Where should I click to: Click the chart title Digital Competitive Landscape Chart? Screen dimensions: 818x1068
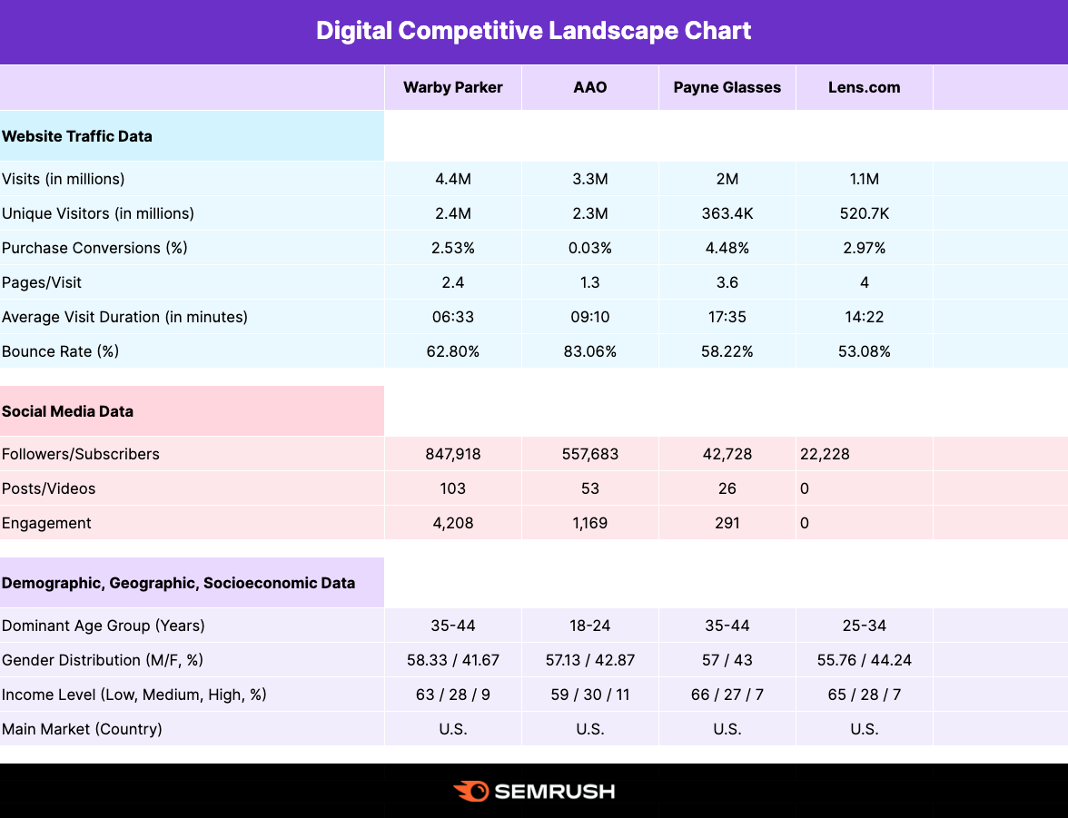(x=534, y=31)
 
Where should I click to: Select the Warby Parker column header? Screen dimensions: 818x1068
(x=452, y=87)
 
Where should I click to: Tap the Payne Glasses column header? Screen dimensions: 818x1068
(x=727, y=87)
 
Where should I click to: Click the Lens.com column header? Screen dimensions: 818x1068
(x=864, y=87)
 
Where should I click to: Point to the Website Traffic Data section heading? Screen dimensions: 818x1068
(x=77, y=136)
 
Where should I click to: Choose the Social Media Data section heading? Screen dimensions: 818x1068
(x=67, y=411)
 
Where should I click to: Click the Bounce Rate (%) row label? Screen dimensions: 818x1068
(x=60, y=351)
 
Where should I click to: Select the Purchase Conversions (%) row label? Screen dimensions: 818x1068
(x=94, y=248)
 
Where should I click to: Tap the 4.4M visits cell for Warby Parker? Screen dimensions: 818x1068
(x=452, y=179)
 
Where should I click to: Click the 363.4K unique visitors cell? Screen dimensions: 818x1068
(x=727, y=213)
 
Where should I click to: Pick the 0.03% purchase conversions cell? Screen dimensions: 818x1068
(x=589, y=248)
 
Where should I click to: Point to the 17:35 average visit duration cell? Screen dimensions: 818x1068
(x=727, y=317)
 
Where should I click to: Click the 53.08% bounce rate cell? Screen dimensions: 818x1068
(x=864, y=351)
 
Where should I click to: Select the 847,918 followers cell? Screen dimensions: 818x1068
(x=452, y=454)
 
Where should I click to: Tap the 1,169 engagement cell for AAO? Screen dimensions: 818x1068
(x=589, y=523)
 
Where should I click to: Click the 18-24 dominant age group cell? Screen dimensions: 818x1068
(x=589, y=626)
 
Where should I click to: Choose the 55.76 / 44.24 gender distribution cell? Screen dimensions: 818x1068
(x=864, y=660)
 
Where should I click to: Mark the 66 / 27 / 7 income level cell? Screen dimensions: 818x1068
(x=727, y=695)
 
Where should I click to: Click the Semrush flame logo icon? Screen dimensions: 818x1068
(x=470, y=791)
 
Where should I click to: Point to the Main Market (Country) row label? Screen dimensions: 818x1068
(x=82, y=729)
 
